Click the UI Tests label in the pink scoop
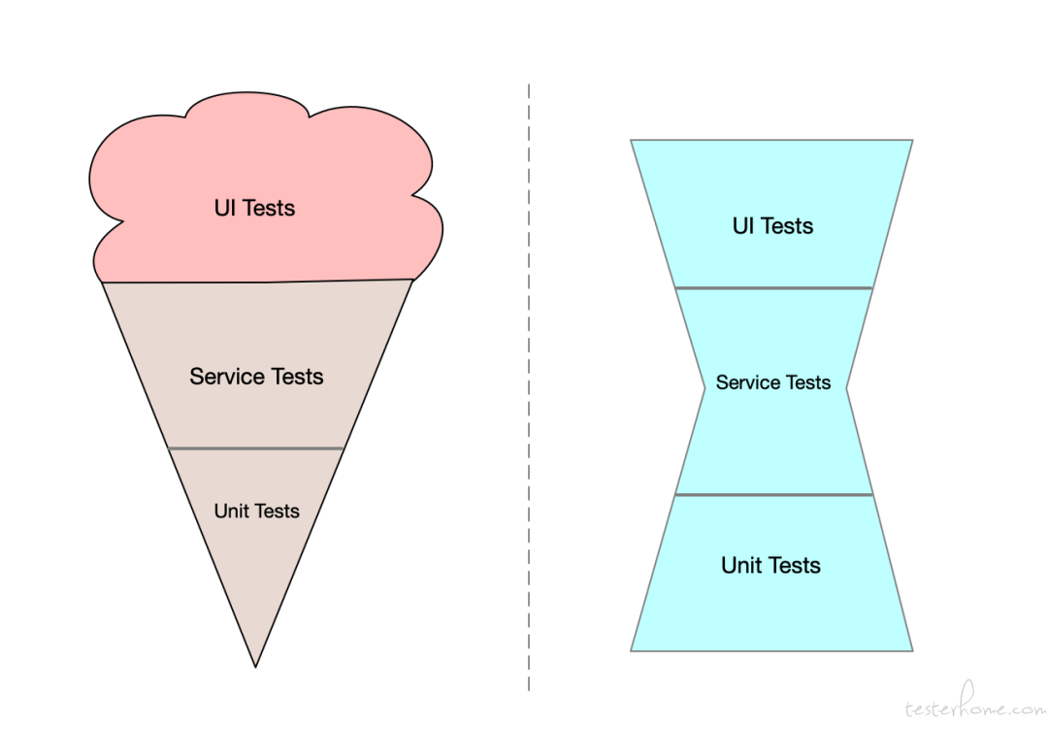254,208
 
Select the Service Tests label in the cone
256,377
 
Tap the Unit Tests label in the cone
256,511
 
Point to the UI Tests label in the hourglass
772,226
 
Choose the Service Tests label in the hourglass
773,382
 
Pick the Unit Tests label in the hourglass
770,565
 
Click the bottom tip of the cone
255,667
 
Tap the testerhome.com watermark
975,703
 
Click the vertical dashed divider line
529,387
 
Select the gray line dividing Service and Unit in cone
256,449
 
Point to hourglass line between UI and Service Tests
774,288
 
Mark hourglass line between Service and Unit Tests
774,495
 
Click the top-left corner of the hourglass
631,141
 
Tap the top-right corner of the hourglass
912,141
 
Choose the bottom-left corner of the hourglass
631,650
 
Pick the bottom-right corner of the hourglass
912,650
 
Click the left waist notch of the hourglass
705,388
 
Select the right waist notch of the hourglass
846,388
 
